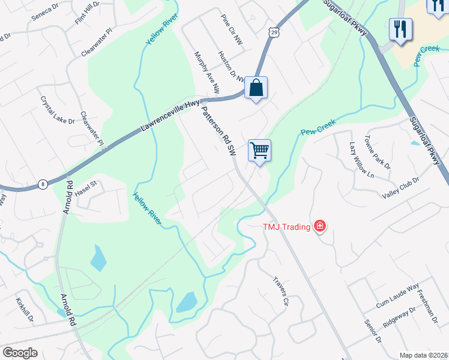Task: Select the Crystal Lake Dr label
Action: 57,110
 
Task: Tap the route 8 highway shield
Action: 43,185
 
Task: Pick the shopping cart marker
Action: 259,149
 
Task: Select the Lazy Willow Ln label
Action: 361,160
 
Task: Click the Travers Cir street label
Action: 281,291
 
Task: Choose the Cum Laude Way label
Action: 397,297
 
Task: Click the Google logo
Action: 20,352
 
